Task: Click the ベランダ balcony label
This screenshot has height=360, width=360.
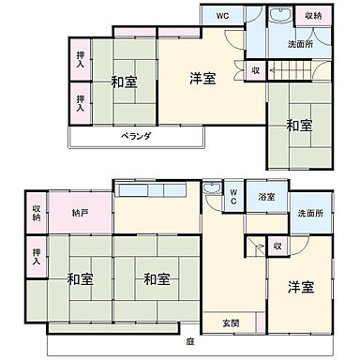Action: coord(136,136)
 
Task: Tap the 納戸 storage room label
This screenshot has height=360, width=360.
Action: coord(80,213)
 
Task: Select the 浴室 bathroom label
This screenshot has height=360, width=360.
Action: coord(266,197)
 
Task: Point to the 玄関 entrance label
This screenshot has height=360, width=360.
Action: coord(230,322)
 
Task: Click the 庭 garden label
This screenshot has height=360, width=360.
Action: coord(189,341)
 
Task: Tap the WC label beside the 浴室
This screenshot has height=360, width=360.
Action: coord(234,198)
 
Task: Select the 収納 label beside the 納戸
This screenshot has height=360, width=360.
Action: coord(37,213)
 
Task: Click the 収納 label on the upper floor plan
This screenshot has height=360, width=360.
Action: coord(312,17)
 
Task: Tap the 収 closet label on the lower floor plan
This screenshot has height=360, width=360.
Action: coord(277,246)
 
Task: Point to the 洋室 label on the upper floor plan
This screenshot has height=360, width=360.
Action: coord(203,79)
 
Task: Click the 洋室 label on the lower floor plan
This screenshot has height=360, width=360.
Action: coord(300,286)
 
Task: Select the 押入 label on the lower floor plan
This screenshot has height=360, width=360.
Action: coord(37,255)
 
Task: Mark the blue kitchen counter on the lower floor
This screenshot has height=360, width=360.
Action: coord(150,190)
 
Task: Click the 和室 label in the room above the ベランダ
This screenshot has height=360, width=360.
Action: coord(124,82)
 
